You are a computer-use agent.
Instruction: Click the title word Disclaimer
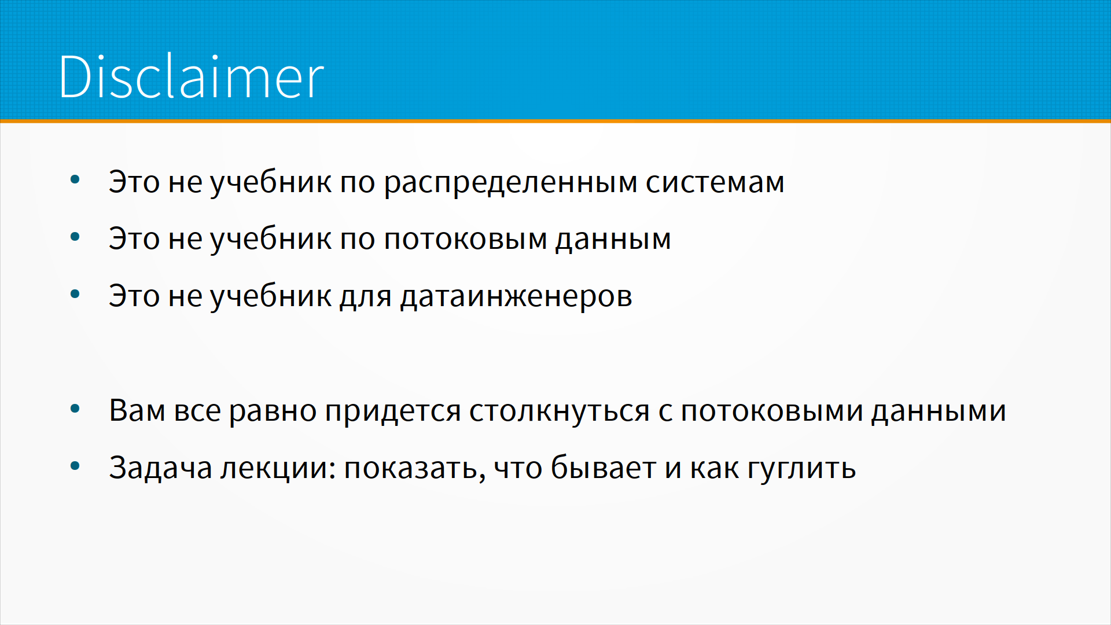192,76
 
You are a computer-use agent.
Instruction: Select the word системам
715,183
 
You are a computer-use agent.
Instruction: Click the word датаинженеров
516,297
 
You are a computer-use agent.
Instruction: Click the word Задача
161,468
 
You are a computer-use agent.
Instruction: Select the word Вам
137,410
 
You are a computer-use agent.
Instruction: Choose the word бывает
604,467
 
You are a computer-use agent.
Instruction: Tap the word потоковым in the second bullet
465,240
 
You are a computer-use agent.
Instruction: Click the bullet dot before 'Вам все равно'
75,409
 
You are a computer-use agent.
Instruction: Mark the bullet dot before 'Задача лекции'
75,466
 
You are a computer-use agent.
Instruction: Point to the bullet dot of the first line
75,180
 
